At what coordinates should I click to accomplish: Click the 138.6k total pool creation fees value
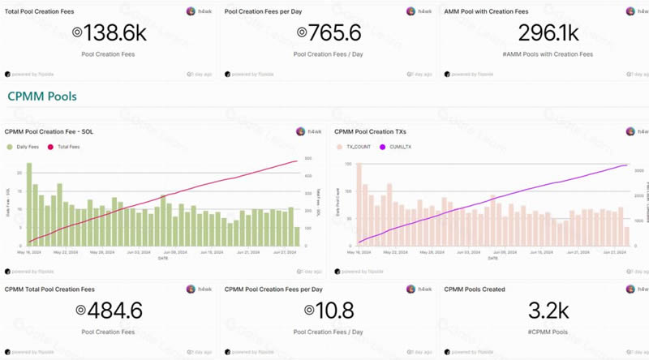(x=110, y=32)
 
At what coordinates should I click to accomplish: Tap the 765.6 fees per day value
(x=328, y=32)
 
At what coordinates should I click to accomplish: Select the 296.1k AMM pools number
(x=547, y=32)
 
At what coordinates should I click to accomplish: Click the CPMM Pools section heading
(x=42, y=96)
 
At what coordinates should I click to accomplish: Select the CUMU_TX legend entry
(x=398, y=147)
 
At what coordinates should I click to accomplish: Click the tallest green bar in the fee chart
(x=29, y=204)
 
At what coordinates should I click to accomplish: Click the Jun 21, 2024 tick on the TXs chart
(x=578, y=252)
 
